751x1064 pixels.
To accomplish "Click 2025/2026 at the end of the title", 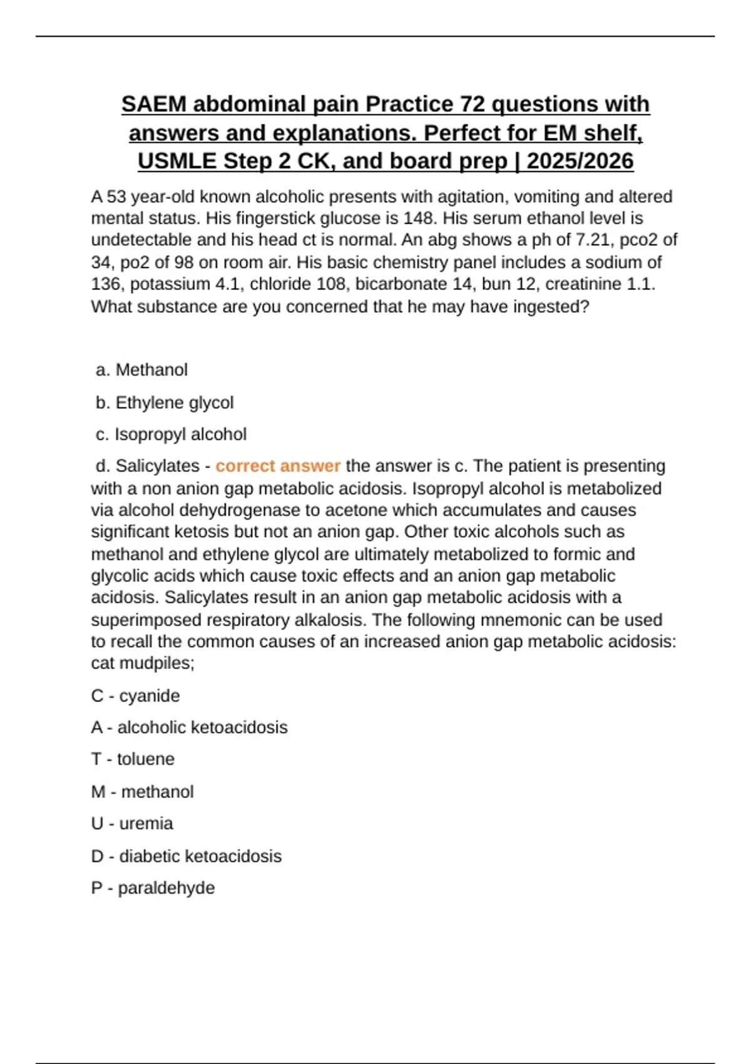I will (x=580, y=161).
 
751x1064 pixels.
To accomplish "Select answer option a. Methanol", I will (x=142, y=370).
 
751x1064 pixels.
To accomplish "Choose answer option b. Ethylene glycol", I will (x=165, y=402).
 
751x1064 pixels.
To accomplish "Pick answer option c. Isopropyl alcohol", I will (x=171, y=434).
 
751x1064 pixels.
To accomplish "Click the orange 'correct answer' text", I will (x=278, y=466).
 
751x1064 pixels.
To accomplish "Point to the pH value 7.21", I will (x=595, y=240).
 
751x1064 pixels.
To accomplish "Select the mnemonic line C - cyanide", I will (x=135, y=696).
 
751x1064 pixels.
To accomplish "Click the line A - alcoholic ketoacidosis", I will (x=189, y=727).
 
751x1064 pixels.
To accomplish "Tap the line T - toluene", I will (x=133, y=759).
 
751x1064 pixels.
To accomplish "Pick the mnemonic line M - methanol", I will (x=142, y=792).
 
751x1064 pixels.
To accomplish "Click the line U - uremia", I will (x=132, y=824).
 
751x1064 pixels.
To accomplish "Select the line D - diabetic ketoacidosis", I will (x=186, y=856).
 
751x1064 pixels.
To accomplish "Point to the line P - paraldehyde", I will (x=153, y=888).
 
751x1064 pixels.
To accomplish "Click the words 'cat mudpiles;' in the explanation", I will (x=143, y=663).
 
